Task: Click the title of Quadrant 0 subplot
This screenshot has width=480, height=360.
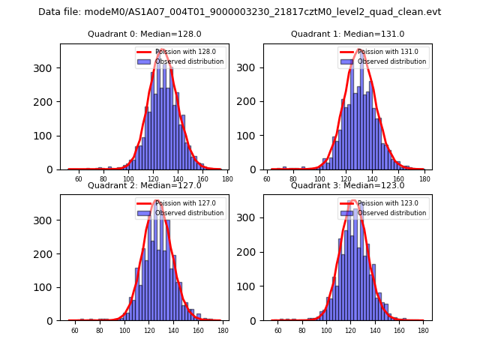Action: [x=144, y=34]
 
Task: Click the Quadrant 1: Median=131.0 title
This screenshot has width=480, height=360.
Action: [x=347, y=34]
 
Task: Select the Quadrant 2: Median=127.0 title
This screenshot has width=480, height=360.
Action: [x=144, y=185]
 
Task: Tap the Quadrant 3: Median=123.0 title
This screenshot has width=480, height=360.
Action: [x=347, y=185]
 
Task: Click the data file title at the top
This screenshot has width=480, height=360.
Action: [x=240, y=12]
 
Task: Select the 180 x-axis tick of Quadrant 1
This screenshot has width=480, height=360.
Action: [x=424, y=179]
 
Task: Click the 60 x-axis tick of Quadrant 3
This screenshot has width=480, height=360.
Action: [x=278, y=331]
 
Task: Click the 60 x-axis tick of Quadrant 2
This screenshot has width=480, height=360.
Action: [x=75, y=331]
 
